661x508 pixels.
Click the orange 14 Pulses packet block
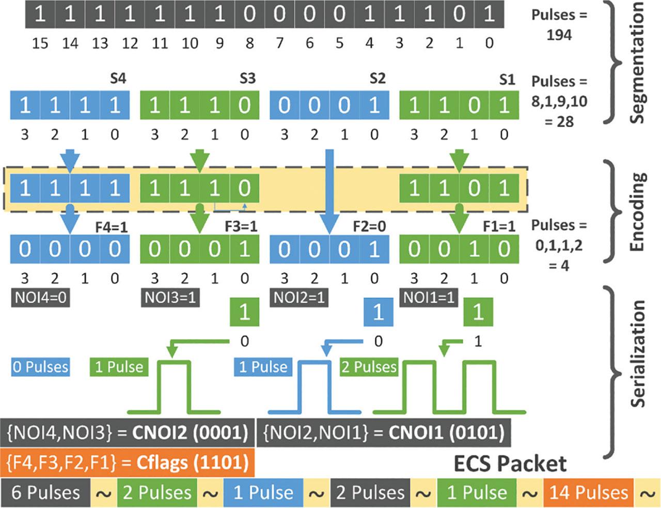588,492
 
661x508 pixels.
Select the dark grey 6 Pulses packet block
46,492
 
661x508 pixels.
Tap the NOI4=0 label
40,298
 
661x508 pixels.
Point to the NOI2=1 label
300,298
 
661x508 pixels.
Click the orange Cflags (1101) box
128,461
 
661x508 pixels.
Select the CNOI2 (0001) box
128,432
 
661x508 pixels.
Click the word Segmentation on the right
637,62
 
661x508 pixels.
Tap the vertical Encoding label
637,212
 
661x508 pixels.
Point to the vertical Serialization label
637,354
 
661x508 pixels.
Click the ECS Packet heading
510,463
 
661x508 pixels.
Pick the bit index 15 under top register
40,43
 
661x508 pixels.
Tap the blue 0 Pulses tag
40,367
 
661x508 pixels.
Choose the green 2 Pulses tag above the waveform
369,367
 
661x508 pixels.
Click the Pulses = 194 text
559,24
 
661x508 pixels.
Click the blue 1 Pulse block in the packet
263,492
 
